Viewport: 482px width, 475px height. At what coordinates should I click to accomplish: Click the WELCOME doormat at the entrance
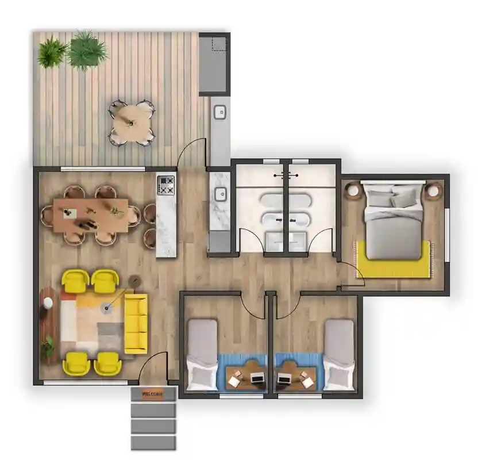tap(152, 394)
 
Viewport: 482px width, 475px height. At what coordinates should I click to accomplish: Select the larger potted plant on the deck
tap(87, 50)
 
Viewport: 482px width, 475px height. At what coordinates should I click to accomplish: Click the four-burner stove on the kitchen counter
tap(167, 185)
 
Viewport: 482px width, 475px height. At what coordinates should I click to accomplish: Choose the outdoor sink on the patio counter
tap(219, 112)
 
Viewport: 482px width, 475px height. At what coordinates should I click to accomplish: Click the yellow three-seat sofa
tap(136, 323)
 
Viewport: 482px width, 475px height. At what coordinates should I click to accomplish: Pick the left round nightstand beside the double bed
tap(352, 190)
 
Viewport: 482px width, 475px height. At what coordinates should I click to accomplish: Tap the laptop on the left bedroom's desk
tap(257, 378)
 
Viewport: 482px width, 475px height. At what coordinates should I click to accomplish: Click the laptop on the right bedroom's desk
tap(284, 378)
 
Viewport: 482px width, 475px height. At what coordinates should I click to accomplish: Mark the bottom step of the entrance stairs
tap(152, 442)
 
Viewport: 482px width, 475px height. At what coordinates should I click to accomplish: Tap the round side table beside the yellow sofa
tap(135, 280)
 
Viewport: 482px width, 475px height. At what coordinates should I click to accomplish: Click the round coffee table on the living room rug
tap(107, 309)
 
